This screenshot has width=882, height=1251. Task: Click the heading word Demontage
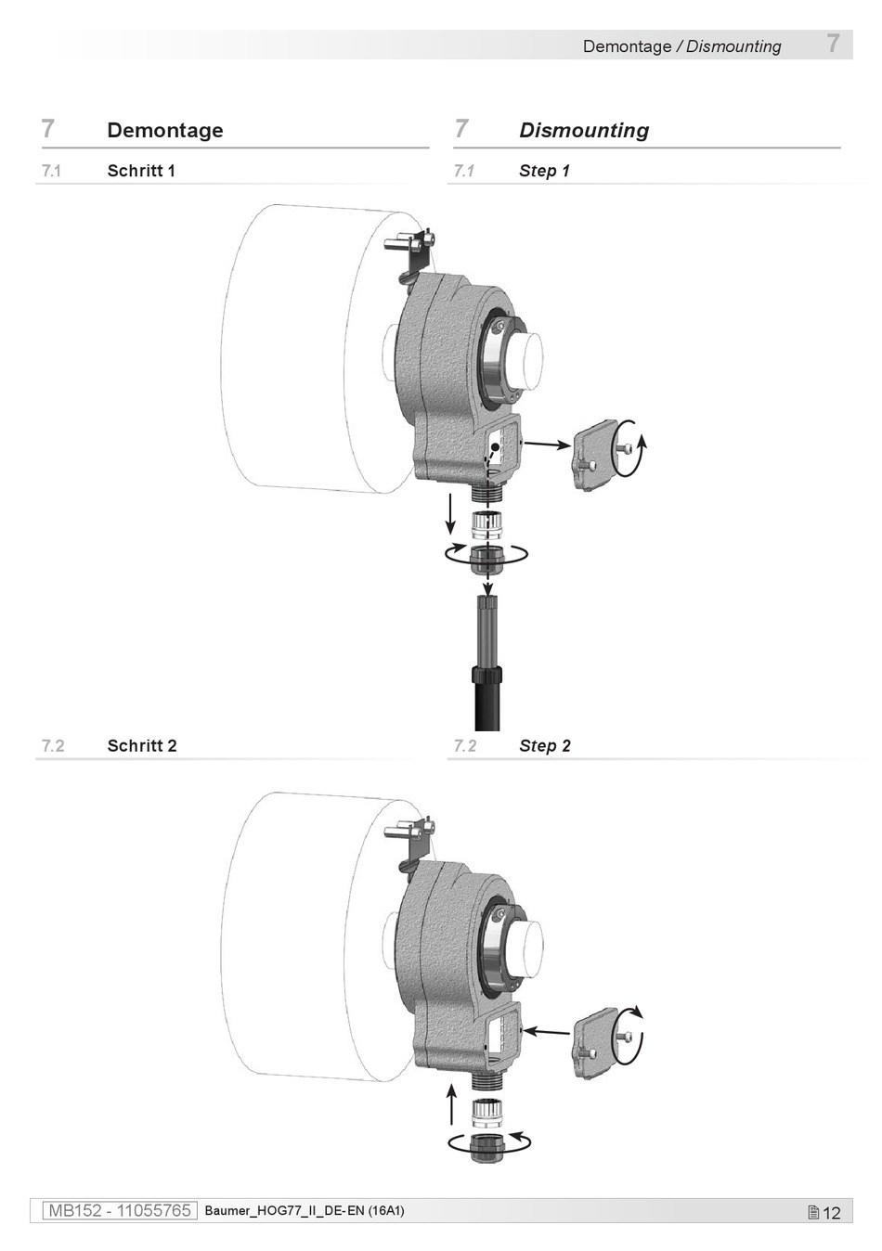(164, 130)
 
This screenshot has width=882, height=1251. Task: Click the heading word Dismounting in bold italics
(584, 130)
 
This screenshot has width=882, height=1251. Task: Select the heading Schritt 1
(141, 171)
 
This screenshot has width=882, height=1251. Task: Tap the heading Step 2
(545, 745)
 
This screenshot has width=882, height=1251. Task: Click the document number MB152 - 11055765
(120, 1210)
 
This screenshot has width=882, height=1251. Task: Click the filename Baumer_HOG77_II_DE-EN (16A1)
(305, 1210)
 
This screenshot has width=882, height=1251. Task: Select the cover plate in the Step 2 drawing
(595, 1044)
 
